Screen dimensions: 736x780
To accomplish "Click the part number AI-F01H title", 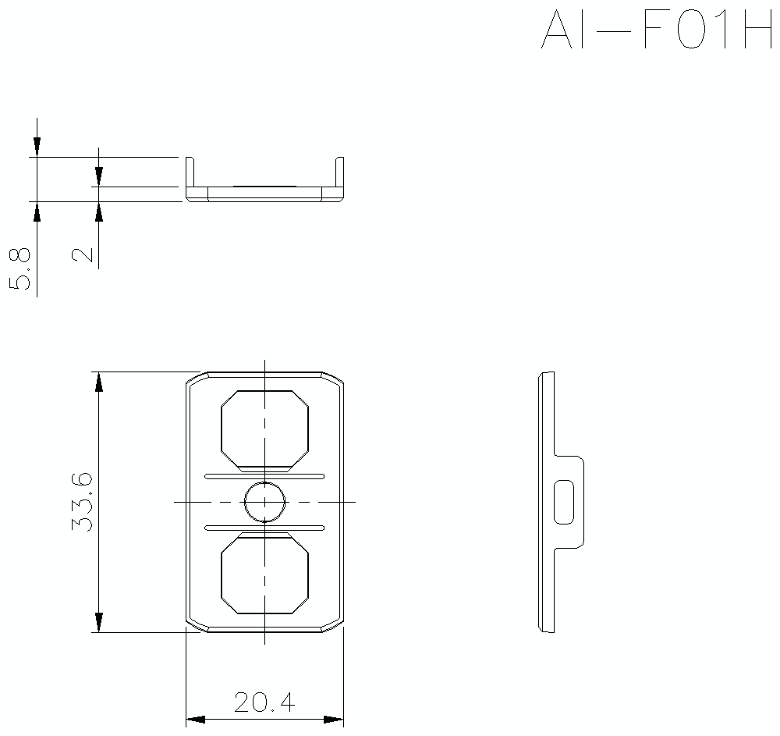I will (x=655, y=31).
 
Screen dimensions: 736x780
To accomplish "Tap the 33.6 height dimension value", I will (x=83, y=502).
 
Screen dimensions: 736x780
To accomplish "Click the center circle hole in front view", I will (x=264, y=501).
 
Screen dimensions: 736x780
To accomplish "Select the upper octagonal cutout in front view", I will (x=264, y=428).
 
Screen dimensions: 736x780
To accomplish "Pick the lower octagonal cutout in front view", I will (x=264, y=574).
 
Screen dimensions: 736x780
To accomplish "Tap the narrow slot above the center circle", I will (x=264, y=475).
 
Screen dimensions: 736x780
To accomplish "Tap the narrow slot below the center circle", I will (x=264, y=527).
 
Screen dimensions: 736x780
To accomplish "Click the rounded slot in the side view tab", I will (x=563, y=502).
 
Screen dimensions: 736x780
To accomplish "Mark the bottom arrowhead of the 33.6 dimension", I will (x=98, y=622).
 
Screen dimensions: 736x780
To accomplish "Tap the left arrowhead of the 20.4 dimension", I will (x=195, y=719).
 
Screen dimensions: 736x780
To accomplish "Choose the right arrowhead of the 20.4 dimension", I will (x=334, y=719).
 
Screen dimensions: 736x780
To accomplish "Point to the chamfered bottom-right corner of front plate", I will (x=334, y=625).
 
